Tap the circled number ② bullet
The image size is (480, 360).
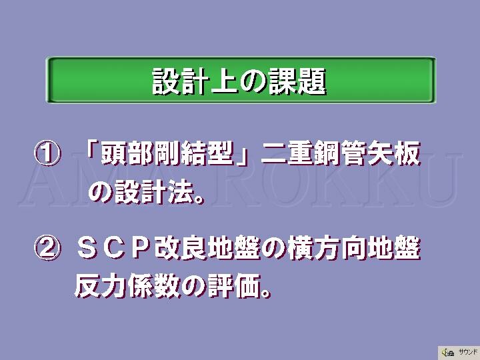47,247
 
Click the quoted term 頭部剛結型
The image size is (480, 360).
167,153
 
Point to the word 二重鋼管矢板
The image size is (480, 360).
341,153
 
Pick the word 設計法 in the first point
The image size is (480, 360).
155,192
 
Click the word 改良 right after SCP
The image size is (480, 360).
180,248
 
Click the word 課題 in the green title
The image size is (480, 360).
297,81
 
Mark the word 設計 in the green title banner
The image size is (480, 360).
181,81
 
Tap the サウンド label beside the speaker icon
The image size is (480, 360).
468,353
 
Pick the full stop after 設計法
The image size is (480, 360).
199,199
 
